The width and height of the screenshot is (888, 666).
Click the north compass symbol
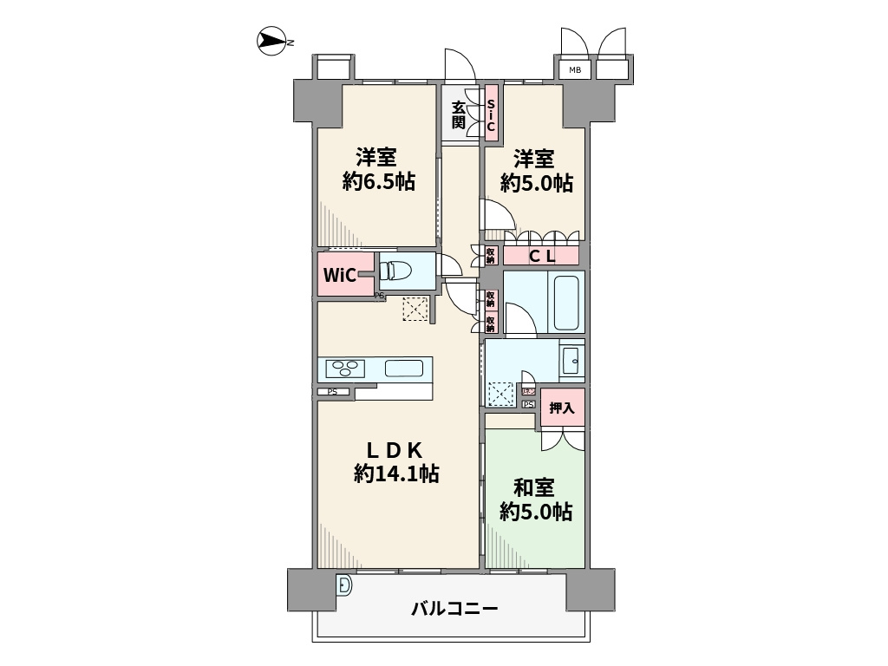273,42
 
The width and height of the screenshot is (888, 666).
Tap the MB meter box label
575,70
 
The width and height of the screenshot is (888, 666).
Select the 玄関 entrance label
458,114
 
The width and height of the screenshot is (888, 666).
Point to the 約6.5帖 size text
377,182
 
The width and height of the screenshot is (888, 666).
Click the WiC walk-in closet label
339,276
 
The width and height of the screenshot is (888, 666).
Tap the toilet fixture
395,271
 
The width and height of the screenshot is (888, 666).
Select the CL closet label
542,256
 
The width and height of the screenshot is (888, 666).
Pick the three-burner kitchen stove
345,369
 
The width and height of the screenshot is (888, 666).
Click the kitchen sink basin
403,368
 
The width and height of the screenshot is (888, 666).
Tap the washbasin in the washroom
571,361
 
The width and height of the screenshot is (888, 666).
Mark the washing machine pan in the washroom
501,394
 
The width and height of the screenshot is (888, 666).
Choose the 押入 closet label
562,408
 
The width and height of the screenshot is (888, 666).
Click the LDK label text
393,450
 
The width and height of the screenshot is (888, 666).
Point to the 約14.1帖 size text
395,473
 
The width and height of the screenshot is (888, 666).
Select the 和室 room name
534,487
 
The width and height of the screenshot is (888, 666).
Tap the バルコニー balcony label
454,609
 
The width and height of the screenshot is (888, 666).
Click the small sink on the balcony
344,586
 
